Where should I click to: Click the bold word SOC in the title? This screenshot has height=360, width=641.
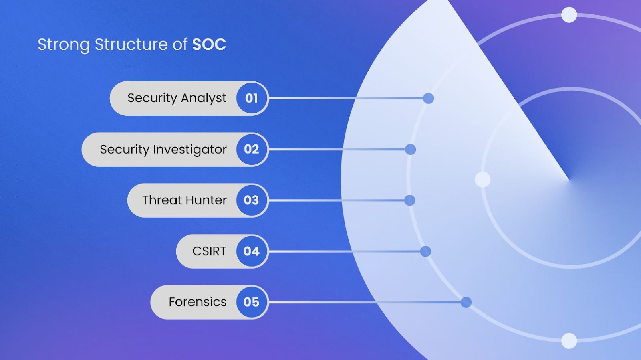tap(209, 44)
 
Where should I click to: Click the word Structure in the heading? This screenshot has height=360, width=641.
tap(131, 44)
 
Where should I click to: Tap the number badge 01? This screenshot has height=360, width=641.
tap(252, 98)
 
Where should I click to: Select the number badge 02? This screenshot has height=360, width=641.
tap(252, 149)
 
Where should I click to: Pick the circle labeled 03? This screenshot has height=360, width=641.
tap(252, 200)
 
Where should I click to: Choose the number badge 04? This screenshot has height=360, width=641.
tap(252, 251)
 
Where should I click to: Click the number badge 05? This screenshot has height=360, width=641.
tap(252, 302)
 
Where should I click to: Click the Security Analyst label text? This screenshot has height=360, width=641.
tap(177, 98)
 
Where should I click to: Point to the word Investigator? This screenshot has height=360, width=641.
tap(189, 150)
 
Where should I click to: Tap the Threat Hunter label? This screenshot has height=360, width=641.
tap(184, 200)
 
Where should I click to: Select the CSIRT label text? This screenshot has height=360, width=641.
tap(209, 251)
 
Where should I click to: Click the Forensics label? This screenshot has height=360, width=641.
tap(198, 302)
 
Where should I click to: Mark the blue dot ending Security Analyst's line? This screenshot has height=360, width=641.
tap(428, 98)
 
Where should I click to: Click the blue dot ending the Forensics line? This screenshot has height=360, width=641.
tap(466, 302)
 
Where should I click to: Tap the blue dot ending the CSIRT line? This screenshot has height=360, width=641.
tap(425, 251)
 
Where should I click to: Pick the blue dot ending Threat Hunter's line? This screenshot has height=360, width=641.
tap(410, 200)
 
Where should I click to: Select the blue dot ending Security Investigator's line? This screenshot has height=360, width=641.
tap(410, 150)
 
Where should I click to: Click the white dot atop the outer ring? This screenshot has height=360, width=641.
tap(569, 15)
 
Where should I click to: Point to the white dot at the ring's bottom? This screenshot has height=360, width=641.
tap(569, 341)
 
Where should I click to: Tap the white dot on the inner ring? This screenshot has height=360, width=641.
tap(482, 180)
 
